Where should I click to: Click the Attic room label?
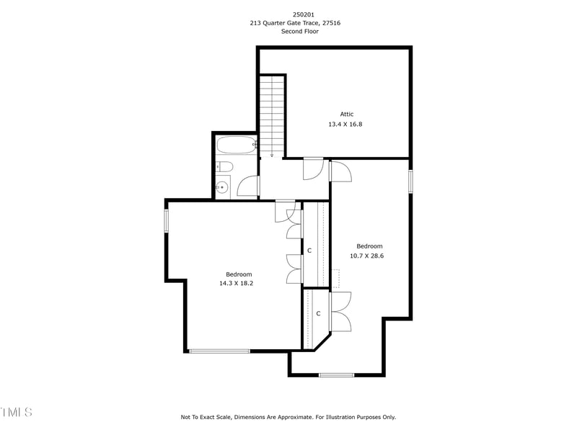coord(347,114)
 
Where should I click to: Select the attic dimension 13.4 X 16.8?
coord(345,124)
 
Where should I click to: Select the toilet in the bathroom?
coord(224,168)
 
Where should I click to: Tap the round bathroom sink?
coord(222,187)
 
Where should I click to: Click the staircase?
coord(273,115)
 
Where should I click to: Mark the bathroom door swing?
coord(247,186)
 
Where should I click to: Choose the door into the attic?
coord(314,168)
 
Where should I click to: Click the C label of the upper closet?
coord(309,251)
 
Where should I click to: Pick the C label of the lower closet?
coord(318,313)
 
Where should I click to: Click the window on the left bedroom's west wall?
coord(166,220)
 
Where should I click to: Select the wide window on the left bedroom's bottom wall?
coord(219,351)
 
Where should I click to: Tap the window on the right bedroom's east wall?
coord(410,181)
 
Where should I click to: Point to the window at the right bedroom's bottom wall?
coord(336,374)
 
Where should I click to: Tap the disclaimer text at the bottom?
coord(288,417)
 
